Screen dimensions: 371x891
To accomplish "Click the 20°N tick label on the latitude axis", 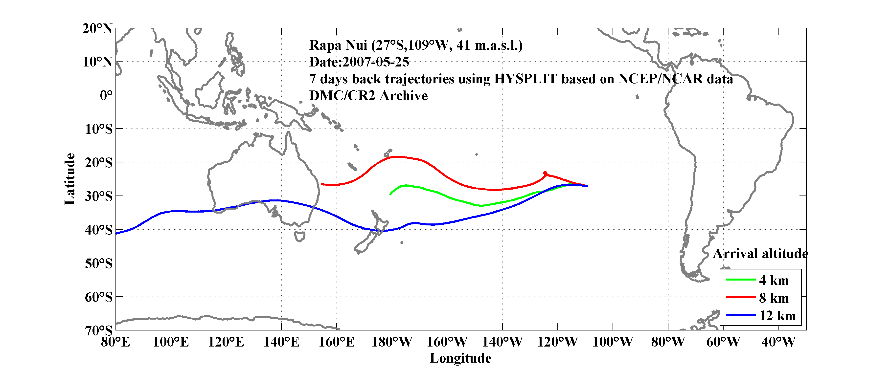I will click(x=97, y=28).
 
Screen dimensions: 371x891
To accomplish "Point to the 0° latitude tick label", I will click(x=106, y=95).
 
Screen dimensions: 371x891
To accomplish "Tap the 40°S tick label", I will click(x=99, y=230).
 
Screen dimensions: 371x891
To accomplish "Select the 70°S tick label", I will click(x=99, y=330).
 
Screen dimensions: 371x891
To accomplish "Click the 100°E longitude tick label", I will click(x=171, y=342).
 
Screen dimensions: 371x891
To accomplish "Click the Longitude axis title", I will click(x=460, y=358).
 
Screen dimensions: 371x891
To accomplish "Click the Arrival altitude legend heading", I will click(x=760, y=254).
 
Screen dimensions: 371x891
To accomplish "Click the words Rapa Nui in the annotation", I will click(x=338, y=45).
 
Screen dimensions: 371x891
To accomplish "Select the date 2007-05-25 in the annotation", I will click(x=376, y=62).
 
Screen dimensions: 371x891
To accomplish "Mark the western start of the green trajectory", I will click(x=390, y=194).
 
